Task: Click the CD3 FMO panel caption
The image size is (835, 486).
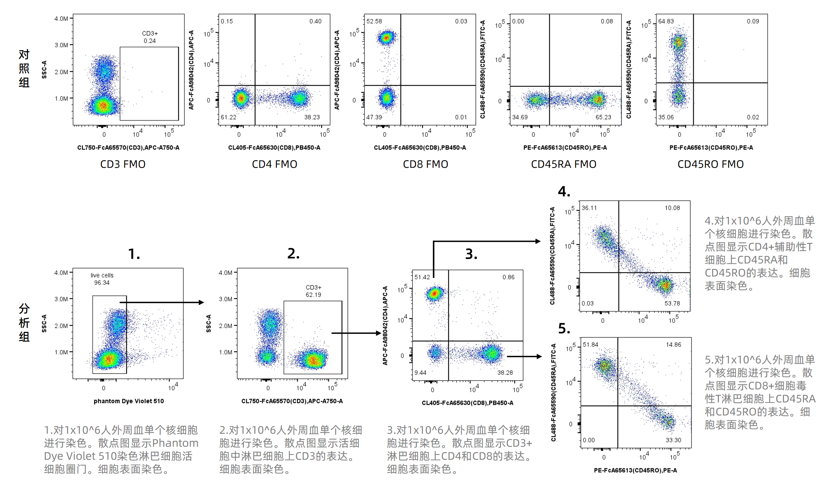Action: pos(123,164)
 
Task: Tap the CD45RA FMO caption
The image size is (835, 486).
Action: pos(563,164)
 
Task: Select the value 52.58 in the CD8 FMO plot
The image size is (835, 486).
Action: pos(374,21)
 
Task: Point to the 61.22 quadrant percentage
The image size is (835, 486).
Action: pos(228,117)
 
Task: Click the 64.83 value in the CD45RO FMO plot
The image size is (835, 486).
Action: pos(666,21)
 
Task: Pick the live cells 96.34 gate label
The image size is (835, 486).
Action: pos(102,279)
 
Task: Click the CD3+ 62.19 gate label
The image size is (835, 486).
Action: pos(313,291)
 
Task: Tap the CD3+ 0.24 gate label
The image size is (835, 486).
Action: pos(150,37)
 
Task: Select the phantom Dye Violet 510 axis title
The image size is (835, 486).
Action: pos(129,401)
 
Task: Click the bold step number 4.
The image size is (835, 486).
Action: pos(564,192)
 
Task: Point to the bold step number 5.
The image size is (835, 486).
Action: pos(564,329)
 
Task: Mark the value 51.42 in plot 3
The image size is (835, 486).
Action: pos(422,277)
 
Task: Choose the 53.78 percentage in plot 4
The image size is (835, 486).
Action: pos(672,303)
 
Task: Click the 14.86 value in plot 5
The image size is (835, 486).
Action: pos(673,344)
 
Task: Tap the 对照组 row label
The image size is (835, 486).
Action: pos(24,68)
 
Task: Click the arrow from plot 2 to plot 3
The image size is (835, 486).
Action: pos(356,333)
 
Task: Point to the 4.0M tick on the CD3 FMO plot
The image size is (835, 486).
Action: pos(61,19)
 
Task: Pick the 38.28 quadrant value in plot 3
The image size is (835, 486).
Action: pos(505,373)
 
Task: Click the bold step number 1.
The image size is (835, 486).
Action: pos(134,254)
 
